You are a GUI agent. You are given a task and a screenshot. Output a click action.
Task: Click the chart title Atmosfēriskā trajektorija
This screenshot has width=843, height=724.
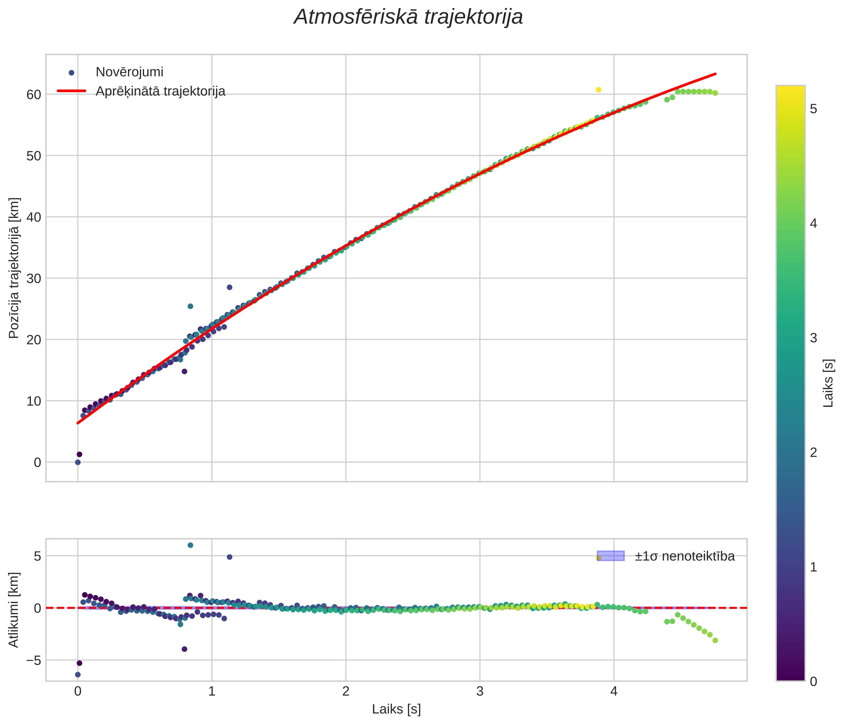(x=408, y=17)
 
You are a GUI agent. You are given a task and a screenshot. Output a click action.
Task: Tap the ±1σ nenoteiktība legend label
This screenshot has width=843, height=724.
(x=685, y=556)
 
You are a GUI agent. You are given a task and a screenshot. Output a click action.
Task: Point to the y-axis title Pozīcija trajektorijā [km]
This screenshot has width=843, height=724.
(x=14, y=268)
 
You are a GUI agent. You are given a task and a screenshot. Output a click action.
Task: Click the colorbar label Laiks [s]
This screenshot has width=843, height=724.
(x=828, y=383)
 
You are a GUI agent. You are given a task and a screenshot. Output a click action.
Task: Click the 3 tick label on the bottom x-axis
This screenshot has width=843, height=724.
(x=480, y=691)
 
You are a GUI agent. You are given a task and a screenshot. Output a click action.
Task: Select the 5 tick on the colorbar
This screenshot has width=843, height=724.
(x=814, y=109)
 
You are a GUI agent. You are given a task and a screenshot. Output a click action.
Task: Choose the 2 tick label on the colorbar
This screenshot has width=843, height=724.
(x=814, y=452)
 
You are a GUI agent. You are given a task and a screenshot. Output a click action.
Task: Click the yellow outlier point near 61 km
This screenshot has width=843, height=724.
(x=598, y=90)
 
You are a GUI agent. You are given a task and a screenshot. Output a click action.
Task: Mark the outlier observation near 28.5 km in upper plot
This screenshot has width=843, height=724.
(x=230, y=287)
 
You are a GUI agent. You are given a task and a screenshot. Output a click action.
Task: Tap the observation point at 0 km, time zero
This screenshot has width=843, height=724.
(x=78, y=463)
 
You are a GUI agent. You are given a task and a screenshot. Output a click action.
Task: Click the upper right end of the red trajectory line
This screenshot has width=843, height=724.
(x=715, y=74)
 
